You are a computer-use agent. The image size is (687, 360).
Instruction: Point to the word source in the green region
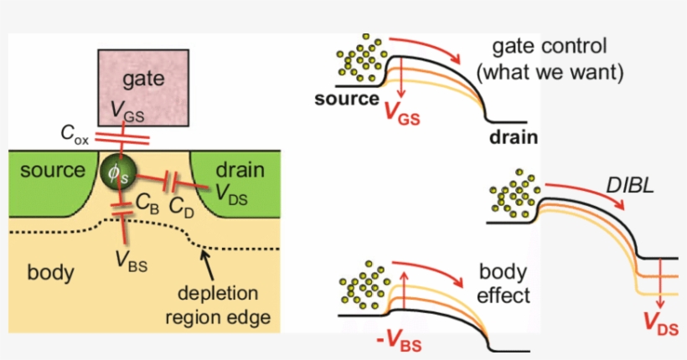click(x=53, y=171)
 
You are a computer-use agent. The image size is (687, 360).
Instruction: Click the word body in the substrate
click(x=51, y=273)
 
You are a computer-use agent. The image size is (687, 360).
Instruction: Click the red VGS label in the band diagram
click(x=397, y=115)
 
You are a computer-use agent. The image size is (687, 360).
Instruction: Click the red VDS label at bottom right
click(x=661, y=322)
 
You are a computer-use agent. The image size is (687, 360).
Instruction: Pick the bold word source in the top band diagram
click(x=347, y=100)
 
